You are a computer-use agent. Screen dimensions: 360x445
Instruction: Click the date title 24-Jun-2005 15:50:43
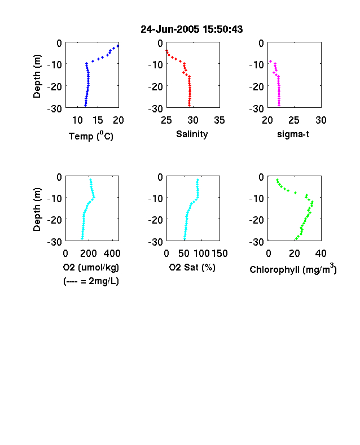pos(192,29)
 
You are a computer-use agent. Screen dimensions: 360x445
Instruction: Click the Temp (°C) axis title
pos(91,136)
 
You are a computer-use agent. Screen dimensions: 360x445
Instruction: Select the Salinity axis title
pos(192,134)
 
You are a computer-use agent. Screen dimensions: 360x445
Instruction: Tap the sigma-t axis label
pos(293,134)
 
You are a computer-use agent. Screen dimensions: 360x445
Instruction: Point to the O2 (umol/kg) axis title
pos(91,267)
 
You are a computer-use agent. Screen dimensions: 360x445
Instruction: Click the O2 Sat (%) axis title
pos(192,267)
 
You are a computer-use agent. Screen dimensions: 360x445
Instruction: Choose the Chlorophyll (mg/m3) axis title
pos(293,268)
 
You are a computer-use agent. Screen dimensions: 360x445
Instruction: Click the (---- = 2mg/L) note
pos(91,281)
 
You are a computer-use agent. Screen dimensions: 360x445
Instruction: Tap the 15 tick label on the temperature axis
pos(98,120)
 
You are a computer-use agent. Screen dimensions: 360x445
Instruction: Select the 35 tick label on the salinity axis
pos(219,120)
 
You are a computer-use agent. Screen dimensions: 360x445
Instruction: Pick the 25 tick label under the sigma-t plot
pos(293,120)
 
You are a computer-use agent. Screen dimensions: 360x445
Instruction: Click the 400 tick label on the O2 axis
pos(112,254)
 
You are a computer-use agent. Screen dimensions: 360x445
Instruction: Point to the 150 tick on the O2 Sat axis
pos(219,254)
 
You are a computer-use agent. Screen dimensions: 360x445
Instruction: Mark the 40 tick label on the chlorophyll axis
pos(321,254)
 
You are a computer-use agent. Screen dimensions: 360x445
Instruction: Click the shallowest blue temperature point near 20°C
pos(117,46)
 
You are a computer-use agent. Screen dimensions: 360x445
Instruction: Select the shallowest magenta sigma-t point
pos(270,61)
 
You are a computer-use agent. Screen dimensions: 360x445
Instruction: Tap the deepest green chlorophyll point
pos(296,239)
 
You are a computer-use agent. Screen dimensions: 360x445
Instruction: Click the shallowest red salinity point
pos(166,50)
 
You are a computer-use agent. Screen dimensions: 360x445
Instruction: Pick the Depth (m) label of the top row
pos(37,76)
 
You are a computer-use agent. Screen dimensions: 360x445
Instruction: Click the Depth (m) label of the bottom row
pos(37,210)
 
